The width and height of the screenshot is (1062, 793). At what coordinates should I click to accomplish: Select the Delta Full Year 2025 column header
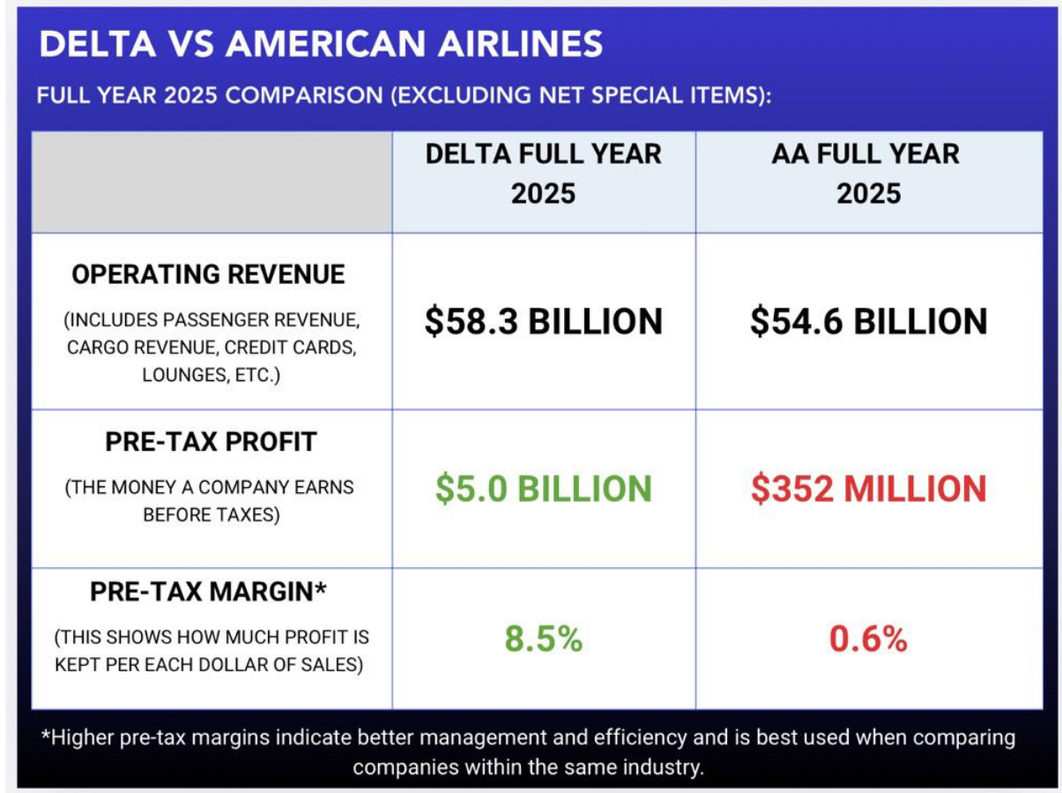(543, 172)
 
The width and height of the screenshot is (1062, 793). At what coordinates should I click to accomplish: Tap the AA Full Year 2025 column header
(868, 172)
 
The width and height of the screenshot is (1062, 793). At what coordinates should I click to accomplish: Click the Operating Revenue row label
(208, 274)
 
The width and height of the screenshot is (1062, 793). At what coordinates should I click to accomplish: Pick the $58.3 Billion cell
(543, 322)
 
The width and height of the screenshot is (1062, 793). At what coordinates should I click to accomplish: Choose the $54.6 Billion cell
(868, 322)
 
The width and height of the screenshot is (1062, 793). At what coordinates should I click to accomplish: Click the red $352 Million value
(868, 489)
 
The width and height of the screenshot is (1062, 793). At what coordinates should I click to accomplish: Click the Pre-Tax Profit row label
(211, 442)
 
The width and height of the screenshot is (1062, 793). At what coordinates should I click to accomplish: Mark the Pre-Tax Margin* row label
(208, 592)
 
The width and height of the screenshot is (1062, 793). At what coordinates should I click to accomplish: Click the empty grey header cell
(212, 182)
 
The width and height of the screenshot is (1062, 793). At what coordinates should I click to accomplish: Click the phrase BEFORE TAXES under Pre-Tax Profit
(211, 514)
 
